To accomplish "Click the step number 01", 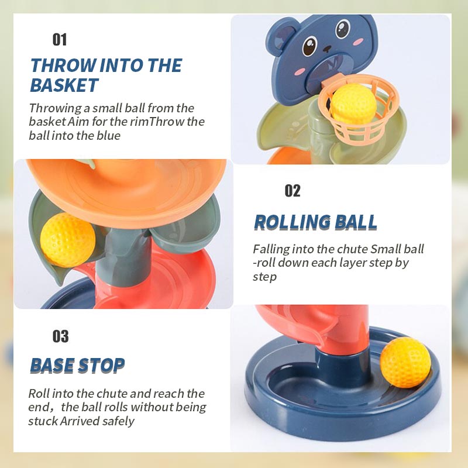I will [x=60, y=39].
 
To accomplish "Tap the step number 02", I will [x=292, y=191].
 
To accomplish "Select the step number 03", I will [x=60, y=336].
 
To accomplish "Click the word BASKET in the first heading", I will [x=64, y=85].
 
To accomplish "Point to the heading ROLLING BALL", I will [x=315, y=222].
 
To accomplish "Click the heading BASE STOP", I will [x=77, y=366].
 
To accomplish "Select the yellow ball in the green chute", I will [x=67, y=239].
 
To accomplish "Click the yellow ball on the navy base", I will [x=405, y=362].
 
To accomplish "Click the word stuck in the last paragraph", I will [x=43, y=421].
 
